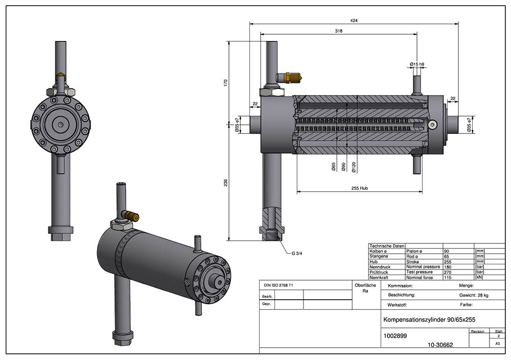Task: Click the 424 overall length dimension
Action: pos(354,20)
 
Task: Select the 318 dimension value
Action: pos(338,31)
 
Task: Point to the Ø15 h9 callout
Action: pos(417,64)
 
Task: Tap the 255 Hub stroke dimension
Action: pos(360,188)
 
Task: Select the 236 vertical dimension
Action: pos(225,183)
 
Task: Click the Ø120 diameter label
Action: pos(354,167)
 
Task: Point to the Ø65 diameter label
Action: pos(333,167)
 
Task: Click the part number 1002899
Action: pos(395,336)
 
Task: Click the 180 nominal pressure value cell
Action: pos(447,267)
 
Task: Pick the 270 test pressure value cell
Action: pos(447,272)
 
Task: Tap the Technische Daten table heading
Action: pos(386,246)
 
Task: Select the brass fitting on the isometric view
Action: pos(132,216)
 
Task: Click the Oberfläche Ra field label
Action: pos(365,288)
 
